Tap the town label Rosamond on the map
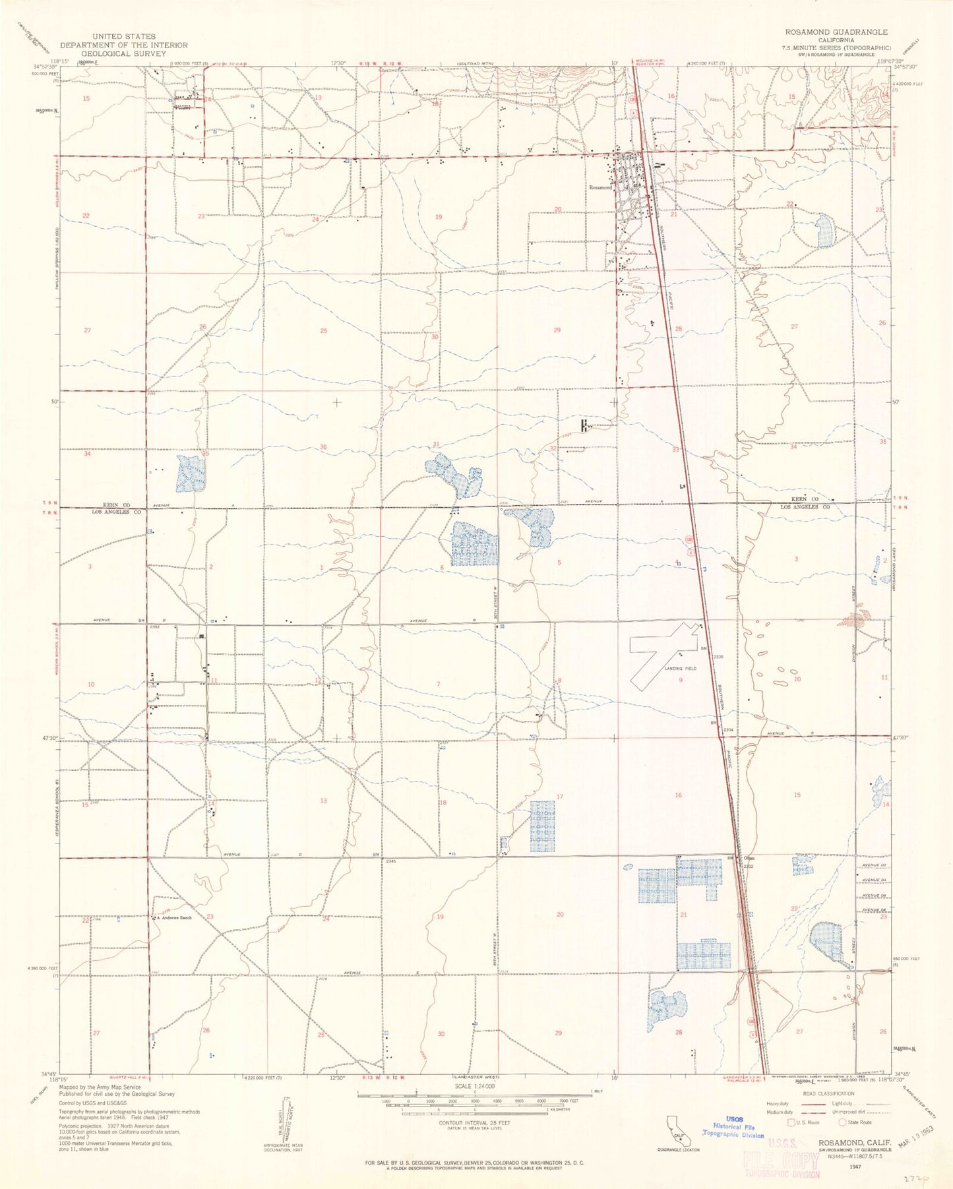600,187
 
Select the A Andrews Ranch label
173,917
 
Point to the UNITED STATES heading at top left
124,36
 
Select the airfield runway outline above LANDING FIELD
663,653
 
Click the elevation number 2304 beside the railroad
729,730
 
